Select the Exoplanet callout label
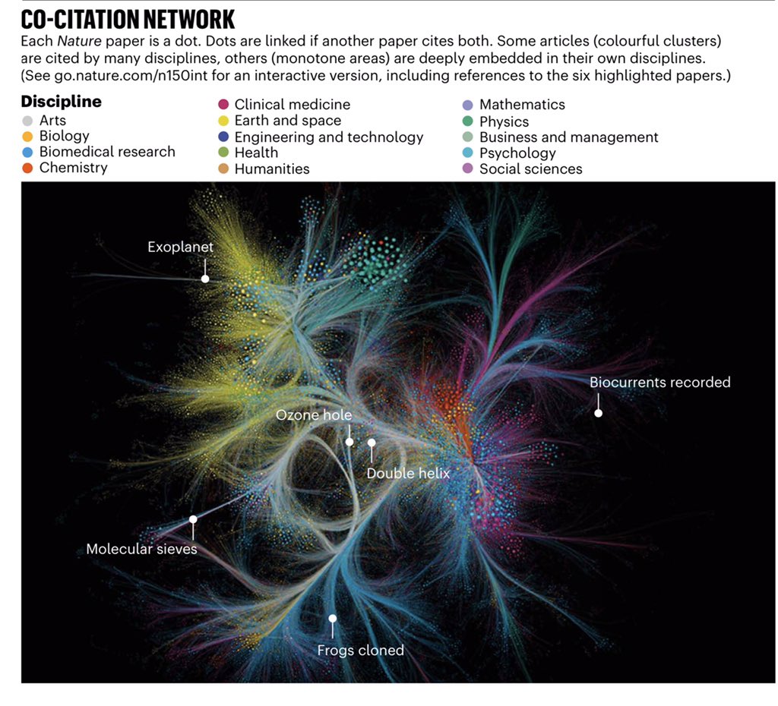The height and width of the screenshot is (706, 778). click(x=180, y=247)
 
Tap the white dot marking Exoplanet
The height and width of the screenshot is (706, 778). click(x=205, y=279)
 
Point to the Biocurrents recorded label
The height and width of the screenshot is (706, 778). click(x=659, y=383)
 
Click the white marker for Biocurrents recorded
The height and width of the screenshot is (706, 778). click(x=598, y=413)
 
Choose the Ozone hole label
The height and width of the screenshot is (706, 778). click(x=313, y=415)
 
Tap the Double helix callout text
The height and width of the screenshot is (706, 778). click(x=408, y=474)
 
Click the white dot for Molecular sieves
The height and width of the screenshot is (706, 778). click(x=193, y=520)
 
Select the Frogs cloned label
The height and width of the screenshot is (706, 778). click(x=360, y=651)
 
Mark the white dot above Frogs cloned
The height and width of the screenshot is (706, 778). click(x=332, y=619)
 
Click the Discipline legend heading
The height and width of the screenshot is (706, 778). click(x=62, y=102)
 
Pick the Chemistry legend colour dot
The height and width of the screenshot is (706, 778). click(x=27, y=168)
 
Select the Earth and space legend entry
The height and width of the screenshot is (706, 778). click(x=287, y=121)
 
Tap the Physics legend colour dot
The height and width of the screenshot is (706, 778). click(x=467, y=121)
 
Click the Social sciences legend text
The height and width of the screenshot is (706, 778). click(x=530, y=169)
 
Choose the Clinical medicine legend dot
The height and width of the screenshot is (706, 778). click(x=223, y=105)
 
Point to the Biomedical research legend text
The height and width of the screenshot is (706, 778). click(x=107, y=152)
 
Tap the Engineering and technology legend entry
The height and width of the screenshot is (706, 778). click(x=328, y=137)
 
